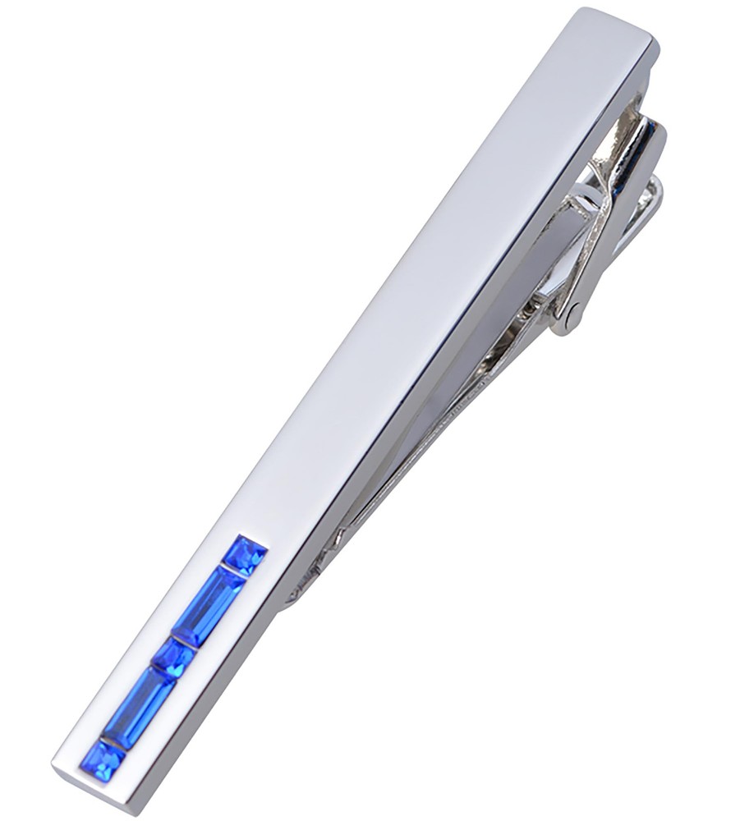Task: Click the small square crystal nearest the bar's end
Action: coord(103,760)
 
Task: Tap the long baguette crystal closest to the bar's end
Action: coord(139,707)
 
